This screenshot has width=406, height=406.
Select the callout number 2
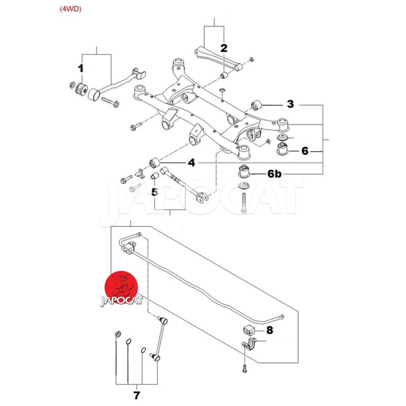224,48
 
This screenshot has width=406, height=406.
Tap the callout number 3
290,104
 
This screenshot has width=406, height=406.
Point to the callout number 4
191,163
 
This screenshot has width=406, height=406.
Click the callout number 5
154,192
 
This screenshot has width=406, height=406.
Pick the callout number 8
269,330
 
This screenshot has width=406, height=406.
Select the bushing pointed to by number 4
156,163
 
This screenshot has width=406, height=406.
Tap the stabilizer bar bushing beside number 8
249,329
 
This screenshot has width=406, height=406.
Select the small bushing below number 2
223,76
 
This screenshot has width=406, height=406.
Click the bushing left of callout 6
282,149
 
